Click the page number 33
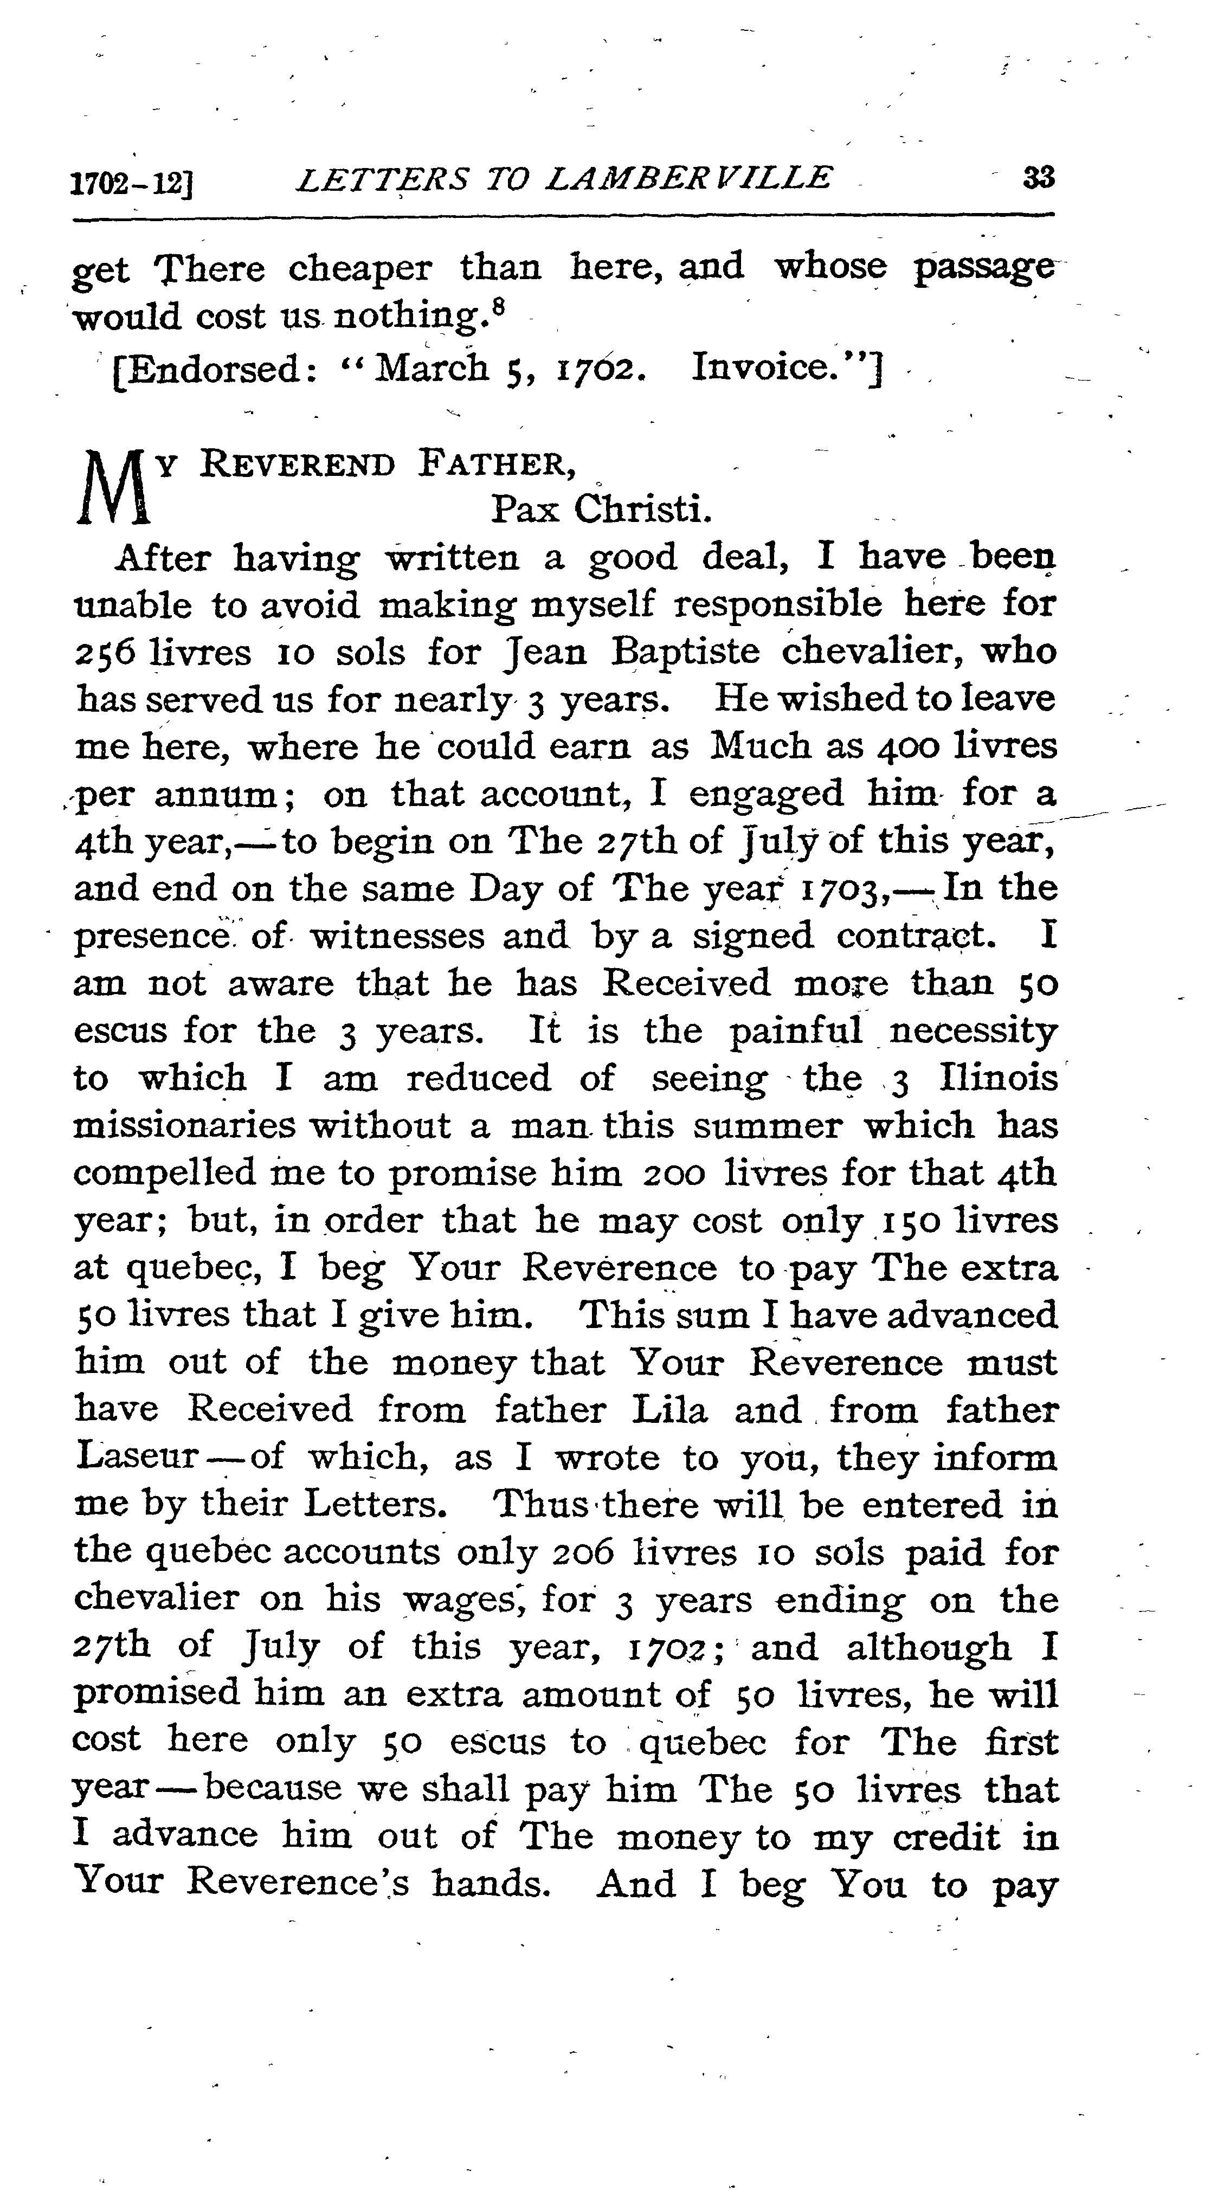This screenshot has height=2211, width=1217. pyautogui.click(x=1039, y=178)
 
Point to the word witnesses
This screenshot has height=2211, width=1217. pyautogui.click(x=397, y=936)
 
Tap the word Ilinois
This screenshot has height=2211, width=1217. pyautogui.click(x=999, y=1078)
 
